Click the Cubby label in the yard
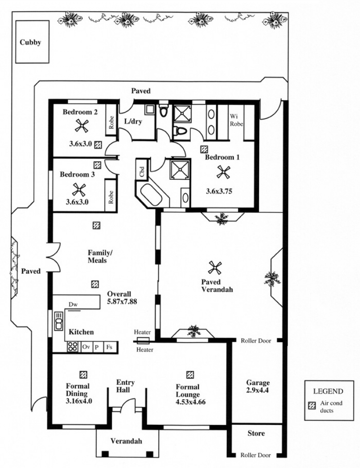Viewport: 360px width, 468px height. (30, 43)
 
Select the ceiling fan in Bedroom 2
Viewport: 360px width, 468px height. (81, 127)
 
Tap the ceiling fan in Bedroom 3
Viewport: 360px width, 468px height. (79, 189)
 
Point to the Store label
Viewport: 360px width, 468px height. (256, 434)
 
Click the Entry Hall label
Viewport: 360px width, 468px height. (126, 386)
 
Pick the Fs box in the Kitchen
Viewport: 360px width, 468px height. (109, 347)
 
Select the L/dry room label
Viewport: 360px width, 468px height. (133, 121)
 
